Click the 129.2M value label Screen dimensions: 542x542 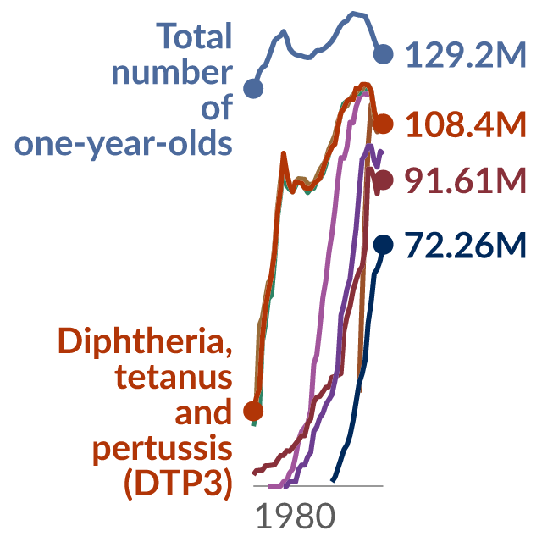tap(466, 54)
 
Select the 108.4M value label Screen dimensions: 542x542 tap(466, 124)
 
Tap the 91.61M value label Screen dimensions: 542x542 tap(466, 180)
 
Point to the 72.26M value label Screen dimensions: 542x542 tap(466, 245)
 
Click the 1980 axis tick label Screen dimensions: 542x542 tap(296, 516)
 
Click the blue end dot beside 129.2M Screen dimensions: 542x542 tap(384, 54)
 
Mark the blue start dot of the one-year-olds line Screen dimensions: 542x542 tap(253, 88)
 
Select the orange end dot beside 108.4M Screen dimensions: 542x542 tap(384, 124)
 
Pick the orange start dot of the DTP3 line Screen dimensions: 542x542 tap(253, 411)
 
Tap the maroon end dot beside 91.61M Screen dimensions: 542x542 tap(384, 180)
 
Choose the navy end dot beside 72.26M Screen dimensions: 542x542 tap(384, 245)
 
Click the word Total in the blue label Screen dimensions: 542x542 tap(194, 36)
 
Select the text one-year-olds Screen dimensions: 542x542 tap(124, 144)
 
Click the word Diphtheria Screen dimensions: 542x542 tap(145, 341)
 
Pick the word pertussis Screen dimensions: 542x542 tap(162, 449)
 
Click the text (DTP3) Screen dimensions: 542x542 tap(178, 484)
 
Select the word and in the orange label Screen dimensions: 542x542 tap(203, 412)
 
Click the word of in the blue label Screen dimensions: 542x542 tap(217, 108)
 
